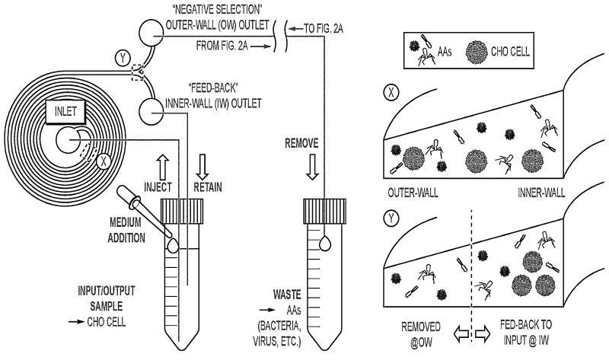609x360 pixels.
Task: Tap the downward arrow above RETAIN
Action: pos(201,162)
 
